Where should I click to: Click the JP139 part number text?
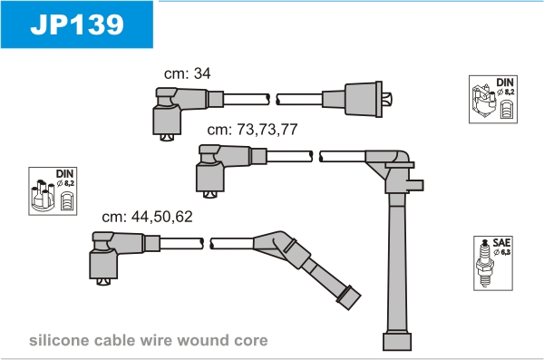[77, 24]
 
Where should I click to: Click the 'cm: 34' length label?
[187, 73]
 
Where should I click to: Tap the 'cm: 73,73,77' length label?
[252, 130]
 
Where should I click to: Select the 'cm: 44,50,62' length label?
[147, 217]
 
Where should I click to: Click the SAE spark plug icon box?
[493, 263]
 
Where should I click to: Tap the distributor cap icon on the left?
[53, 191]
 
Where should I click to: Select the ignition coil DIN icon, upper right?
[493, 99]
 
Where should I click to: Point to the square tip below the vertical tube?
[397, 342]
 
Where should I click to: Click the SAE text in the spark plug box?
[501, 243]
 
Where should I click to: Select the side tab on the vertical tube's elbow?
[415, 185]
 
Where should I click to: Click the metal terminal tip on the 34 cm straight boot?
[387, 99]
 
